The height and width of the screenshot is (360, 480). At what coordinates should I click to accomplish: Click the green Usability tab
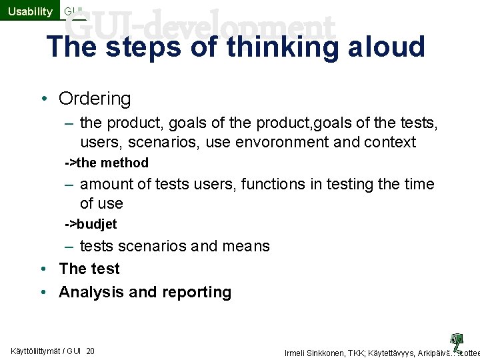click(x=29, y=11)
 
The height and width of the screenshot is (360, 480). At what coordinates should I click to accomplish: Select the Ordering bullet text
click(x=95, y=99)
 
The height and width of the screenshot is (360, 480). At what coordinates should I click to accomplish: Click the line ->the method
click(x=107, y=163)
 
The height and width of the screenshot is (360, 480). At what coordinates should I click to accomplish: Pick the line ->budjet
click(x=91, y=224)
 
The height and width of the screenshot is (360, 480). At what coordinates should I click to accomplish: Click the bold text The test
click(x=89, y=269)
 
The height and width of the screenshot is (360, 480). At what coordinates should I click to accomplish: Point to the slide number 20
click(x=90, y=351)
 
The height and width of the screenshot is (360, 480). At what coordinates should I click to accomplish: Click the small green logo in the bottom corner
click(x=457, y=341)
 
